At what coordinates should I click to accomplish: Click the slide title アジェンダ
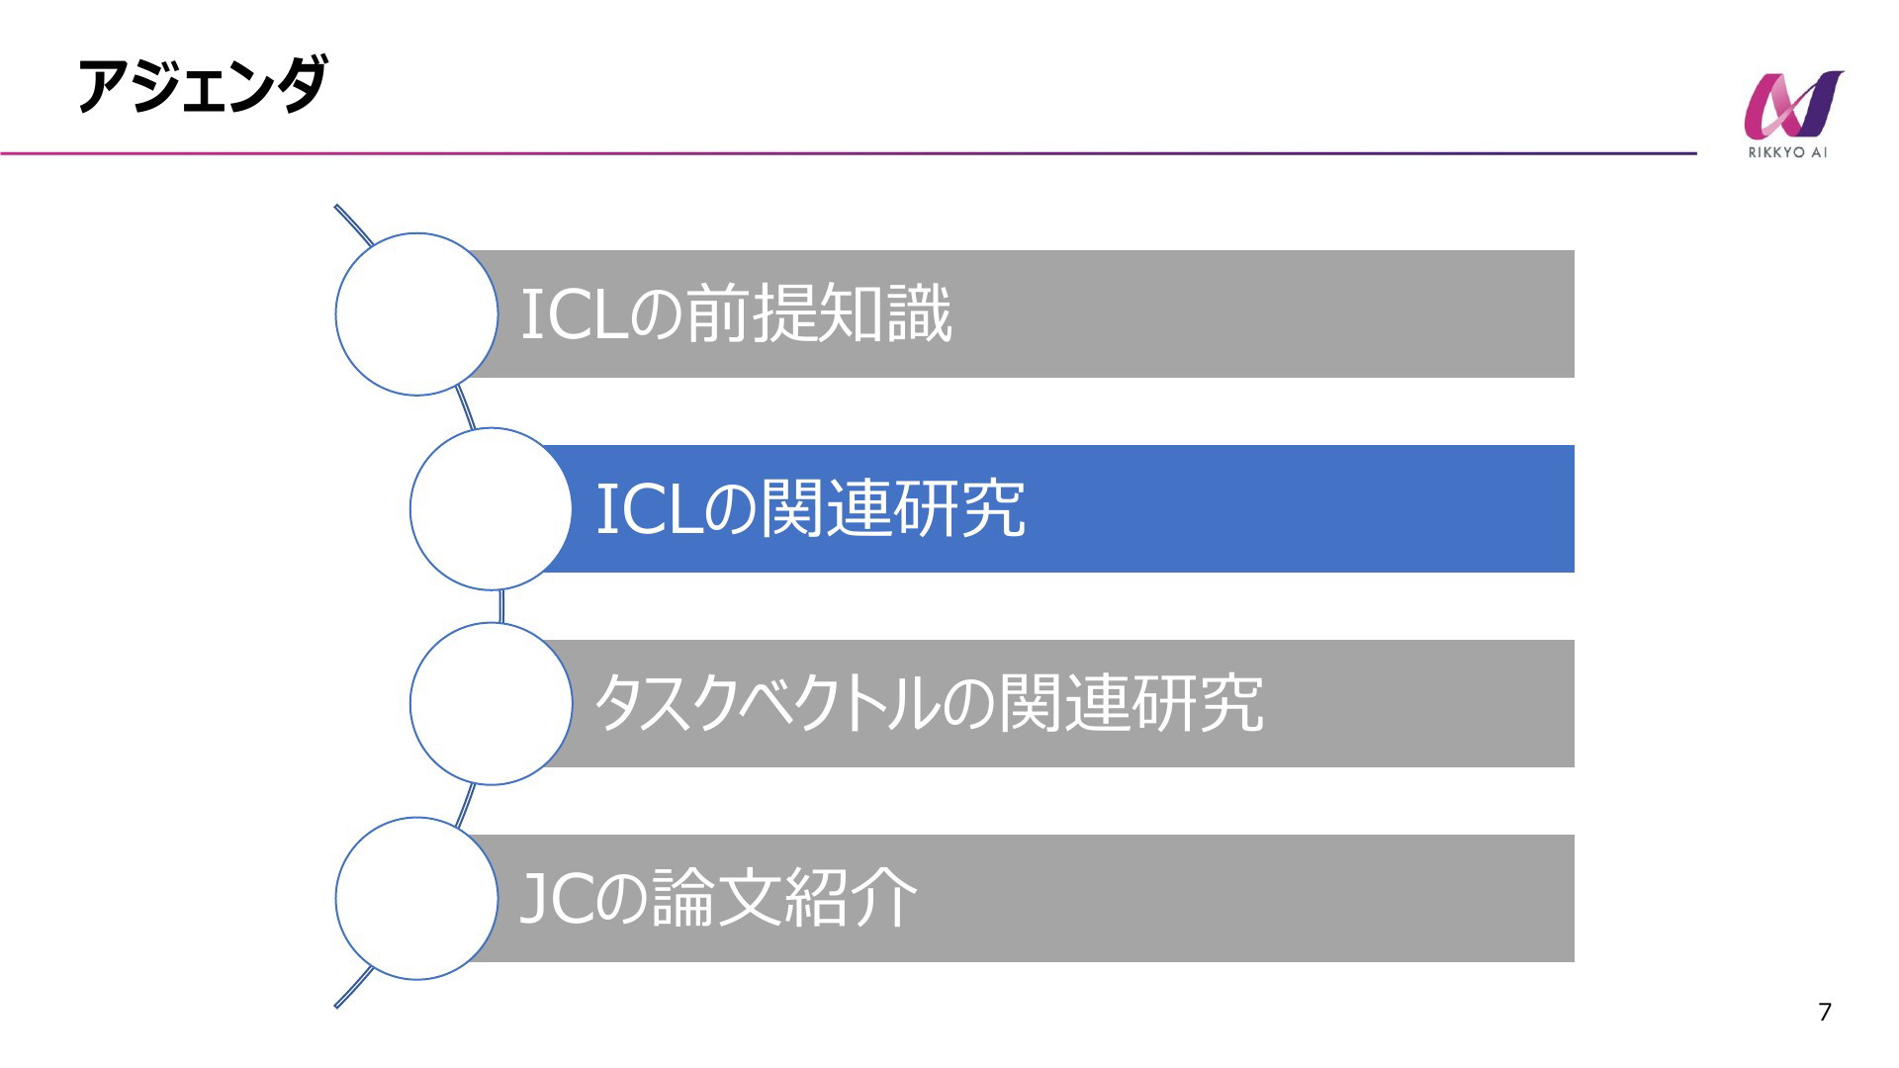coord(202,85)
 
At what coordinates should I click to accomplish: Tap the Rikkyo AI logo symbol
coord(1793,104)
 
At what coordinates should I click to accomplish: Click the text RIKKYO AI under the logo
coord(1788,152)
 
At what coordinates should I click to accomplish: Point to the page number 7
coord(1825,1012)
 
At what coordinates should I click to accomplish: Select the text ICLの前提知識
coord(736,313)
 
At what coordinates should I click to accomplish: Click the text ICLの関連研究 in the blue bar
coord(811,508)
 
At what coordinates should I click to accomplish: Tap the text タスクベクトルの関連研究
coord(929,703)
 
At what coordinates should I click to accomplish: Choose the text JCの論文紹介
coord(719,898)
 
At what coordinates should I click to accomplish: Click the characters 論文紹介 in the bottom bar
coord(784,898)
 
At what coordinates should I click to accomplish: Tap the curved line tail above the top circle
coord(353,224)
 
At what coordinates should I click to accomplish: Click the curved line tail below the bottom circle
coord(353,988)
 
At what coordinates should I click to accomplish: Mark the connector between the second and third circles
coord(501,606)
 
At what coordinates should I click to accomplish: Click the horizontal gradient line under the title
coord(849,153)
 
